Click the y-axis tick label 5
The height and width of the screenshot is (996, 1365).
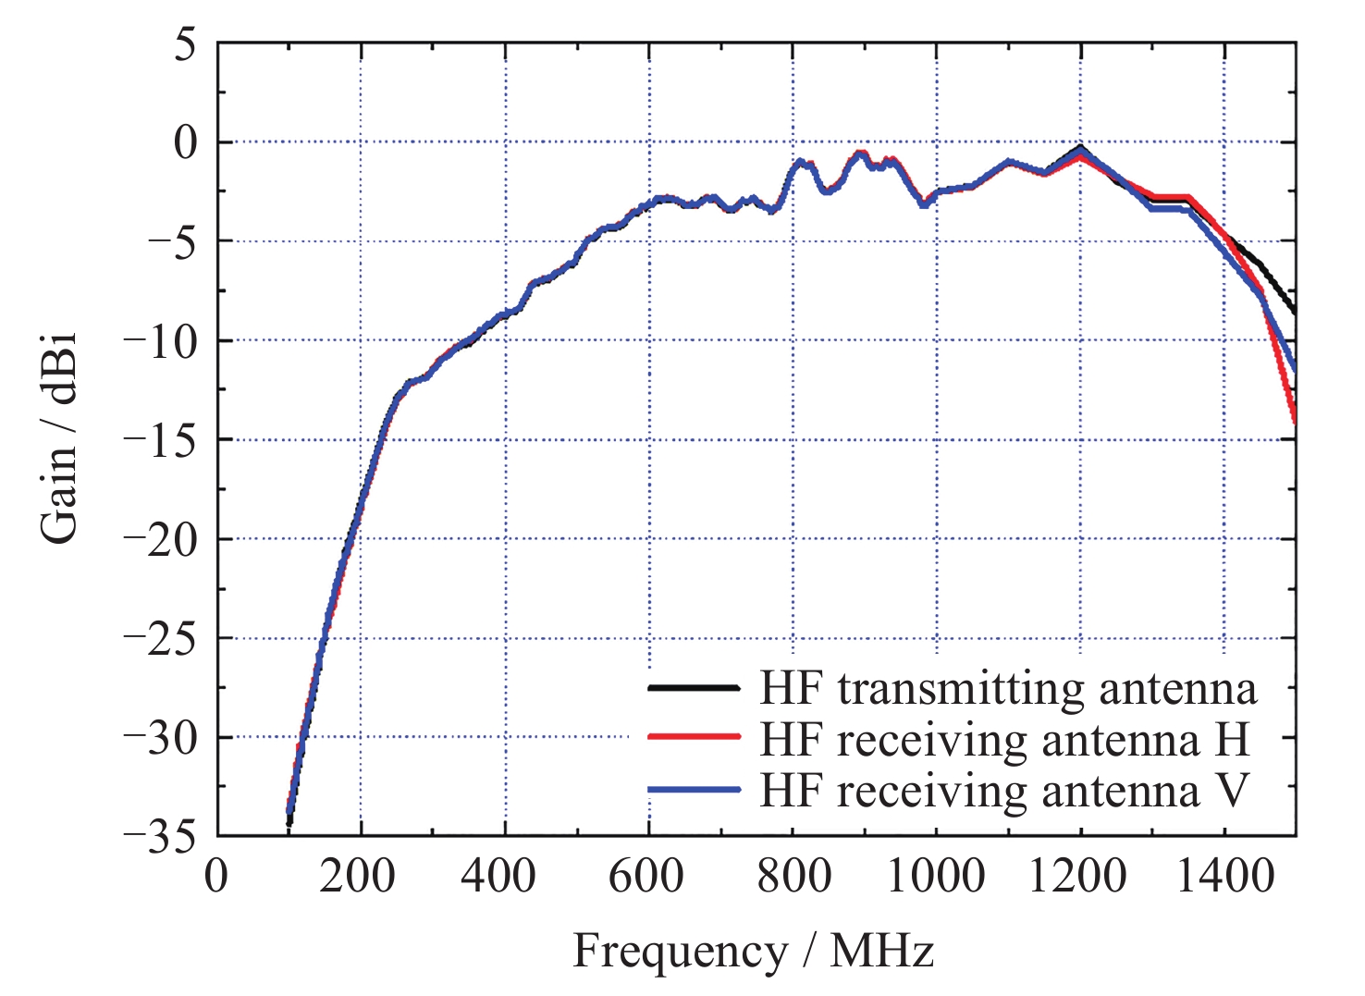click(187, 44)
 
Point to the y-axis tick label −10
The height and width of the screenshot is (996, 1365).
click(160, 342)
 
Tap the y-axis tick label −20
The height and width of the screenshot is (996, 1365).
click(160, 540)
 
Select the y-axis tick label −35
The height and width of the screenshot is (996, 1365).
click(160, 837)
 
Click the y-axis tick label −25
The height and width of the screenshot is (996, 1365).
click(160, 639)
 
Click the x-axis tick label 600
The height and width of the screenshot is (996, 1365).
click(646, 875)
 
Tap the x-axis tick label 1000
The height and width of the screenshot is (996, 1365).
click(936, 875)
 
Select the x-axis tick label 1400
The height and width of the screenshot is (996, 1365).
click(1224, 875)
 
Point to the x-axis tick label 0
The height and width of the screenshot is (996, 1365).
click(216, 875)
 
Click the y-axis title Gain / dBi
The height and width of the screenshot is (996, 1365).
click(59, 438)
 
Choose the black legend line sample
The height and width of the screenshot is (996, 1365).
click(694, 688)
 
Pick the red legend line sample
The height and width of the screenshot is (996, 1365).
click(694, 738)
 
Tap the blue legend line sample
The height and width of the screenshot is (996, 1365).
click(694, 789)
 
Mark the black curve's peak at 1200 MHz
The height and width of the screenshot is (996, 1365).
click(1080, 147)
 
